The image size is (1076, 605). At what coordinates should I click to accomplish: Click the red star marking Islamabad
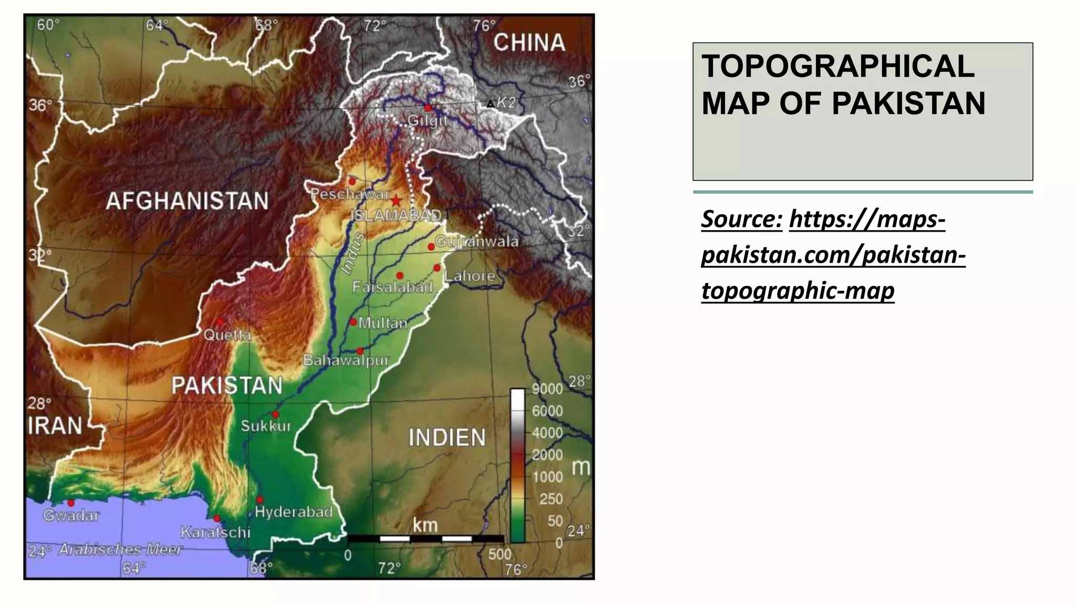click(396, 201)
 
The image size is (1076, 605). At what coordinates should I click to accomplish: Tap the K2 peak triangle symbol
click(490, 104)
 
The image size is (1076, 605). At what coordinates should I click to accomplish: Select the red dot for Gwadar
click(71, 503)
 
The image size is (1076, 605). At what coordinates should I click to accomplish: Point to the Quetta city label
click(227, 335)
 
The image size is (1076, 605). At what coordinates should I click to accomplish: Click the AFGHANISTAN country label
click(187, 201)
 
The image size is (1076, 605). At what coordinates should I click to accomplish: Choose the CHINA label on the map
click(529, 43)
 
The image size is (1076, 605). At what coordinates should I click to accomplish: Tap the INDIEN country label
click(447, 437)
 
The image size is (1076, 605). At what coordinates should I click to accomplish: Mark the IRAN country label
click(55, 425)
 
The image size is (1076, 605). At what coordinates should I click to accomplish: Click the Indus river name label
click(352, 254)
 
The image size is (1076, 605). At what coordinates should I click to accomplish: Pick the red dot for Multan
click(353, 322)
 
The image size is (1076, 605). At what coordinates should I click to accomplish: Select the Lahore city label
click(470, 276)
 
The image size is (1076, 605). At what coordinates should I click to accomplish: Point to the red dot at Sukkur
click(275, 414)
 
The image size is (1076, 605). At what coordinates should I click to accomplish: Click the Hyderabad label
click(294, 512)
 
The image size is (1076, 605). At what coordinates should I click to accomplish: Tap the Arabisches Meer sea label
click(120, 549)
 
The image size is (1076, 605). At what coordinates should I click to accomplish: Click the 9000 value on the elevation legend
click(547, 389)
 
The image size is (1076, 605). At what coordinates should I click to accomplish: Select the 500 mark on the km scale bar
click(499, 554)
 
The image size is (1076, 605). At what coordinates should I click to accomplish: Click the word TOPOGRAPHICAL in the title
click(838, 66)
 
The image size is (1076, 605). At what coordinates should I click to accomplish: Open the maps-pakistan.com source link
click(833, 255)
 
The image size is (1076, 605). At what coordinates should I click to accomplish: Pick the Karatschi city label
click(215, 532)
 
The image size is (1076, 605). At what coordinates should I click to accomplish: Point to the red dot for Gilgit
click(428, 108)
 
